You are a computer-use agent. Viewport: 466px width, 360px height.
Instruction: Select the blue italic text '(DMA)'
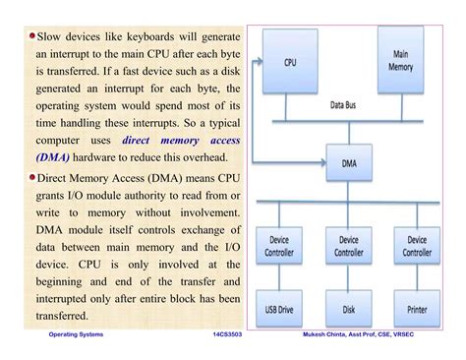pyautogui.click(x=55, y=155)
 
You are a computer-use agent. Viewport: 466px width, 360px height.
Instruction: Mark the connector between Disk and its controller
pyautogui.click(x=349, y=277)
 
